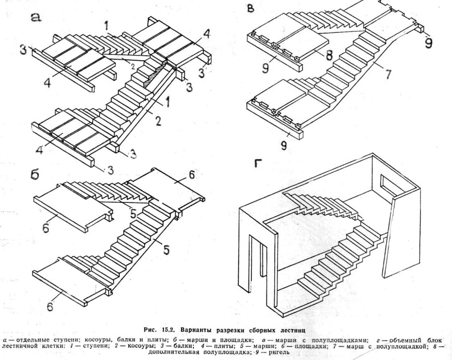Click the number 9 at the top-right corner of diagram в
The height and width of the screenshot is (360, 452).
point(428,43)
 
